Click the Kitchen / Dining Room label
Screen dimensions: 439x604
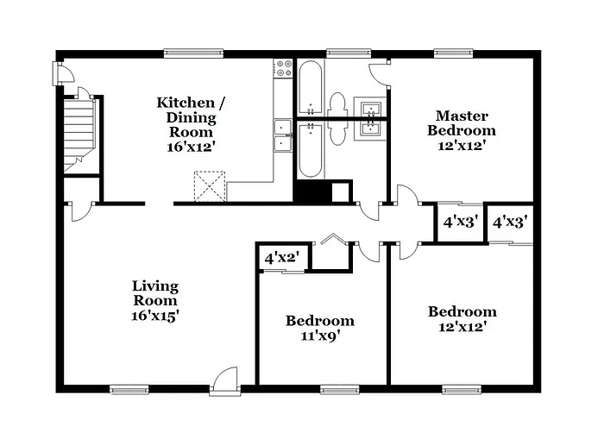pos(191,124)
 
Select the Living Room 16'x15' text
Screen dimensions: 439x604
pos(155,300)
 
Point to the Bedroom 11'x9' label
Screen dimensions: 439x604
pos(320,329)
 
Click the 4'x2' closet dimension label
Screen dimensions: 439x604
pos(280,258)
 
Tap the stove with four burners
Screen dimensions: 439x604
pos(284,69)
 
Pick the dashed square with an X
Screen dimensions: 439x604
pos(209,186)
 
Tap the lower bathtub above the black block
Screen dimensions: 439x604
pos(311,149)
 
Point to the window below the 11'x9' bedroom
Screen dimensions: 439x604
pos(340,389)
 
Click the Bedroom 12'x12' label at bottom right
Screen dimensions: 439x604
pos(462,319)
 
